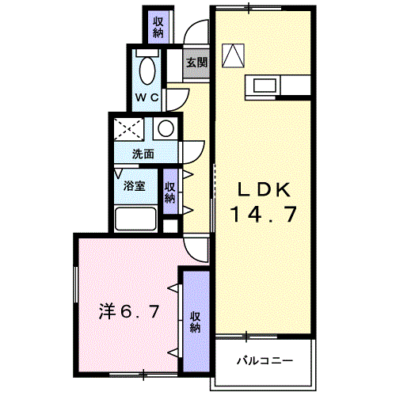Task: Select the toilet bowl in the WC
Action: [147, 71]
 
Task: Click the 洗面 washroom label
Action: [143, 154]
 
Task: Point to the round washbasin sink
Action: [166, 128]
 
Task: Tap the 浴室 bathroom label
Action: [135, 187]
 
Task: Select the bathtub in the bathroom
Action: [136, 219]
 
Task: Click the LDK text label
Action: [266, 189]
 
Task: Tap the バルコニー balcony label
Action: [265, 360]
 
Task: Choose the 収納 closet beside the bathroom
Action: [169, 192]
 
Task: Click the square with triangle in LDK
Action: [233, 56]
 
